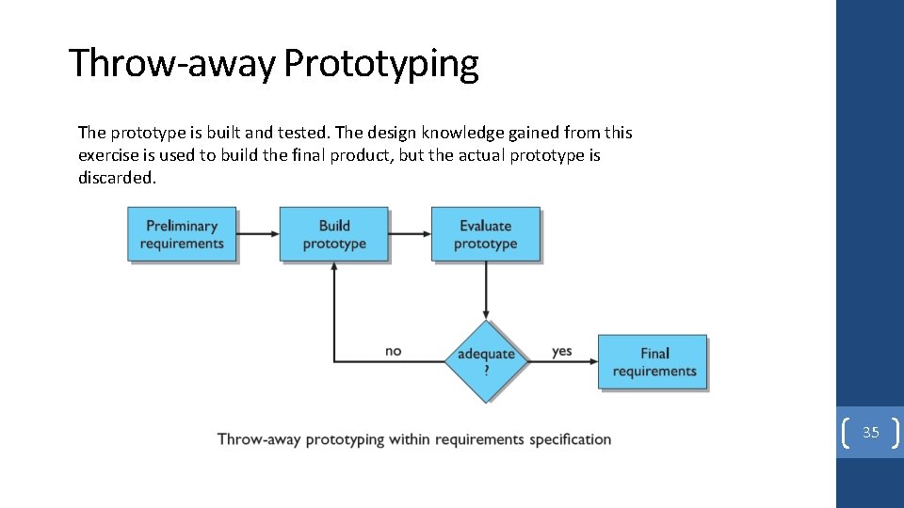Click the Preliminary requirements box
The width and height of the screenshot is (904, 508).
[182, 234]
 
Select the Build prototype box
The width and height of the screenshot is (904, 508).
[334, 234]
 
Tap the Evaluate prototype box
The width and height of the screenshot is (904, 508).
[486, 234]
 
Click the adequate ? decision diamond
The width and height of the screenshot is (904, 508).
[486, 360]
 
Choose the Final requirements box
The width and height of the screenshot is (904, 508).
[654, 362]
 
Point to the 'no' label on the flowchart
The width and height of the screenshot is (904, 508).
[394, 351]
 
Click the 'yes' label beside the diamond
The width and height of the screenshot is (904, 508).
[562, 351]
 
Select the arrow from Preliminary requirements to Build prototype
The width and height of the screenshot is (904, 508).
[258, 234]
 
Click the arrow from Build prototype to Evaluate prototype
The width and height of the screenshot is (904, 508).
[410, 234]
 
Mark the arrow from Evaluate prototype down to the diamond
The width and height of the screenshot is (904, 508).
[486, 290]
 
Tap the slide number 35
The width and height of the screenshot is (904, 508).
[871, 433]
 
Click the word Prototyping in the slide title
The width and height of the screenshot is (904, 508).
[380, 64]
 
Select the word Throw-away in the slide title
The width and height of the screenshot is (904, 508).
[171, 64]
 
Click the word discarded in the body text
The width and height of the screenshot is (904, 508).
[116, 178]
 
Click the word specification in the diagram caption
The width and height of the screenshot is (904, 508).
[570, 439]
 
